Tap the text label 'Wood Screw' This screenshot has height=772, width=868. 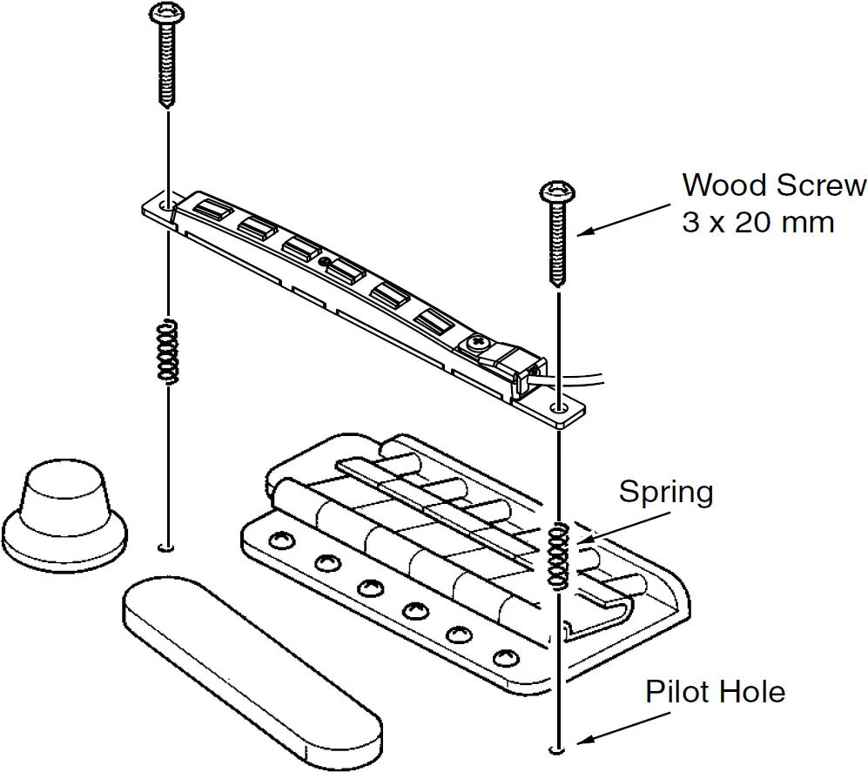[773, 185]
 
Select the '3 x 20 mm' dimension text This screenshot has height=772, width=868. [757, 223]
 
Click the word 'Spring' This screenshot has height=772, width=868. [666, 493]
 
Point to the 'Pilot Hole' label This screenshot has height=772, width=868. [715, 693]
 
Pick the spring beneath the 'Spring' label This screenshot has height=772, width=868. [558, 554]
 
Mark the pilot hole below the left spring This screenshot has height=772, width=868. [165, 548]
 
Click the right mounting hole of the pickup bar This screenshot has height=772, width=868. [557, 406]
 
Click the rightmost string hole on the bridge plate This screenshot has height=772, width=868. [502, 655]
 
